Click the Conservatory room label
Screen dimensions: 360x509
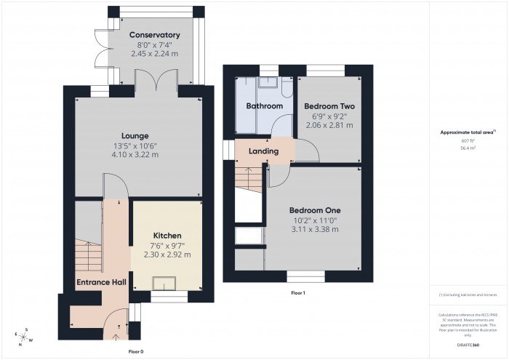tap(154, 35)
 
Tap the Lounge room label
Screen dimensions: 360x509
tap(135, 135)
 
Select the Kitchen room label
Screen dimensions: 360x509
tap(167, 236)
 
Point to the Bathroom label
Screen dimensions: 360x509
tap(264, 106)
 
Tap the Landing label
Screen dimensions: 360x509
tap(263, 151)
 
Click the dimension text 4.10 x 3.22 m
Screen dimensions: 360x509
tap(135, 154)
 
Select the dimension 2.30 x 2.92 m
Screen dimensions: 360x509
tap(167, 255)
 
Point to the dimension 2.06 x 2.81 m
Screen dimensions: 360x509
tap(328, 125)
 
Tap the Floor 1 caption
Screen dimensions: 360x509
tap(298, 292)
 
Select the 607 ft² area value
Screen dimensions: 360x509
tap(468, 140)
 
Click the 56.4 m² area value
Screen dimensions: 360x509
tap(468, 147)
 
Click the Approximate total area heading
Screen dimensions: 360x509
tap(468, 132)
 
